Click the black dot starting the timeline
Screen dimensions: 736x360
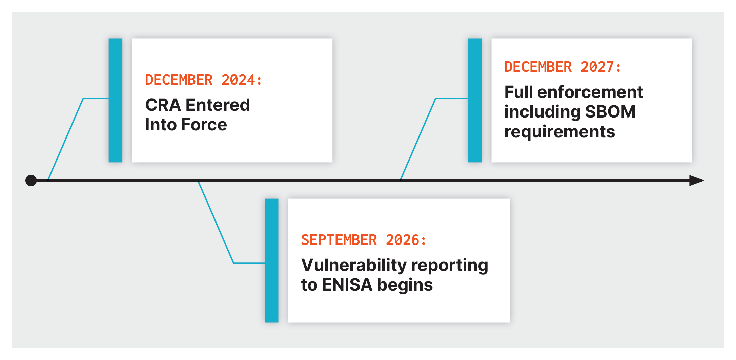31,181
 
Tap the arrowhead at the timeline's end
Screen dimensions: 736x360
697,181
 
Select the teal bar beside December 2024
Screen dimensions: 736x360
116,100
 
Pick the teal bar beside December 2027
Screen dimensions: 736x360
475,100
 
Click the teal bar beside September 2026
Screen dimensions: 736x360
271,260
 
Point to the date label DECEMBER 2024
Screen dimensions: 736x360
203,80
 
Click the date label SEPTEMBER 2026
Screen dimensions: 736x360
363,240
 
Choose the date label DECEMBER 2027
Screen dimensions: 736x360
563,67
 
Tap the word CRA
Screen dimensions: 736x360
163,105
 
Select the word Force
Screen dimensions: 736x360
204,125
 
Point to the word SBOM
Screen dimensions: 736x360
610,112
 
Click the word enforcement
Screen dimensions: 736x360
590,92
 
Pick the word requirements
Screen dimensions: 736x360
559,132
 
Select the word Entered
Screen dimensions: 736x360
218,105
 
